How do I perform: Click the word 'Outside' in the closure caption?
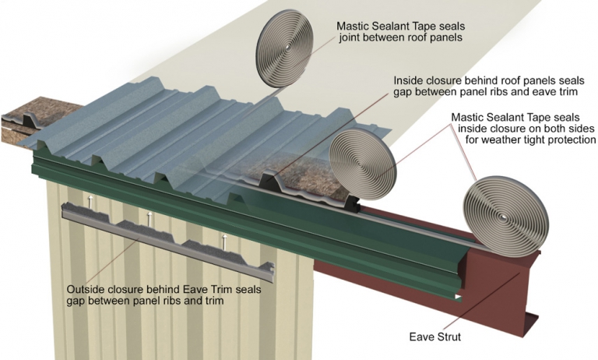(x=86, y=289)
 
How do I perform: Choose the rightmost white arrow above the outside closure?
(x=225, y=239)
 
